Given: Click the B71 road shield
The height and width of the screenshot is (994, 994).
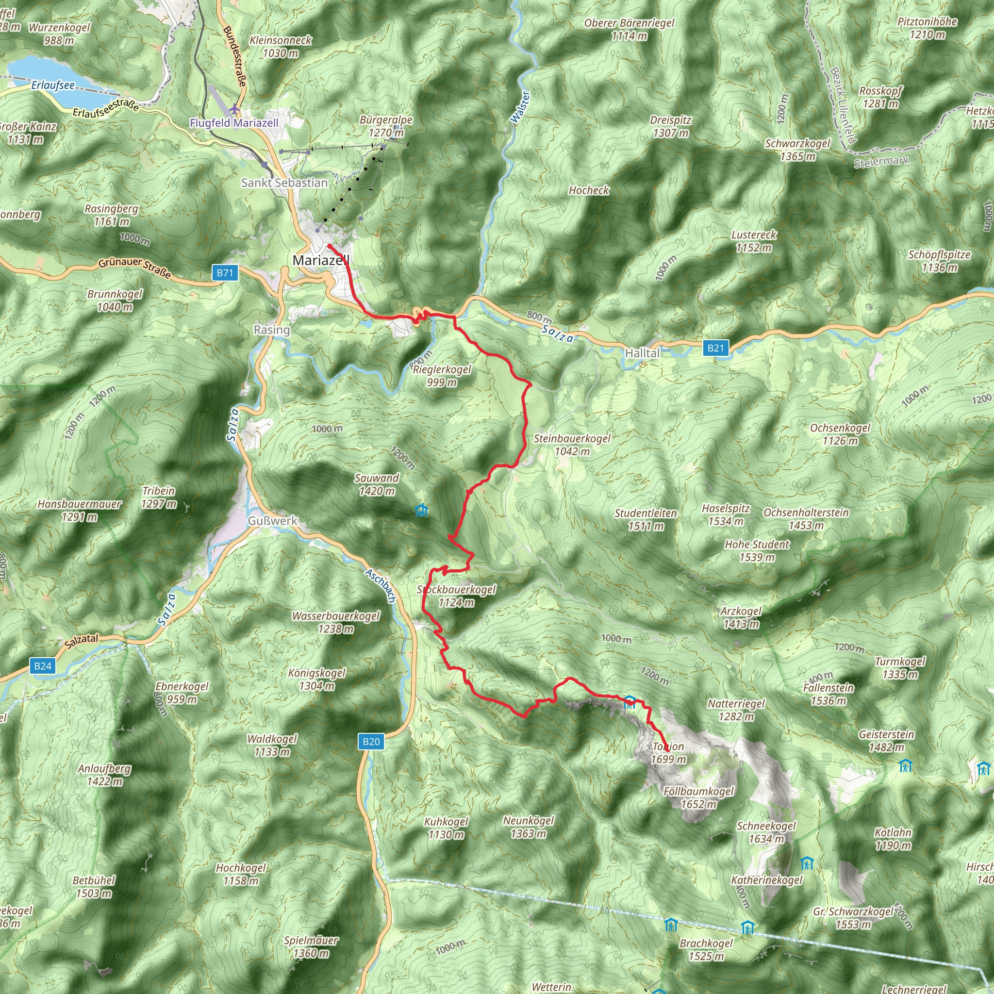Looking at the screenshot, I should tap(225, 273).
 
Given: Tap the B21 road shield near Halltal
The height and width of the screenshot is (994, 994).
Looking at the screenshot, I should tap(715, 348).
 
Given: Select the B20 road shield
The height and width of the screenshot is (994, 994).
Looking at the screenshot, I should tap(371, 742).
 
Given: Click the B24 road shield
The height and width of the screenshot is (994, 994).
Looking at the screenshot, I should tap(43, 666).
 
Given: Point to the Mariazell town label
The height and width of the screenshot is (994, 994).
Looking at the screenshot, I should tap(320, 260).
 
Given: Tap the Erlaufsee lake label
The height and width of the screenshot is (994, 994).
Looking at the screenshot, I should tap(53, 85).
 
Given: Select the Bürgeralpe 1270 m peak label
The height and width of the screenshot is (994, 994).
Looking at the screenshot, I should tap(386, 126).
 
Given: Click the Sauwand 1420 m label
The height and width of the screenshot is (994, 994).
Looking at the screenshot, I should tap(377, 484).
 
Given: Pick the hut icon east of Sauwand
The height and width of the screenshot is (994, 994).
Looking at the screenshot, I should tap(421, 511).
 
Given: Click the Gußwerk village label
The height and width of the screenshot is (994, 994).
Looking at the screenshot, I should tap(273, 521).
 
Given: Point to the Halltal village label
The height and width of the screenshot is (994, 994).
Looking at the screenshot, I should tap(642, 353).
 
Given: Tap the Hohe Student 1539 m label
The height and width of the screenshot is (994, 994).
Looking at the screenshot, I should tap(756, 550).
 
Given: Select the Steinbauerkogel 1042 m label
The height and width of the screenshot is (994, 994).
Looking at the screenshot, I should tap(572, 445).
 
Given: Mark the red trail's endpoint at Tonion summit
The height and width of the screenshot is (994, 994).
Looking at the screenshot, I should tap(667, 752).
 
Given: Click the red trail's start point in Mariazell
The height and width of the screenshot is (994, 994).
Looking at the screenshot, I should tap(328, 246).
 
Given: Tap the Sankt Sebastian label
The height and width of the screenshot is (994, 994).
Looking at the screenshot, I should tap(284, 182).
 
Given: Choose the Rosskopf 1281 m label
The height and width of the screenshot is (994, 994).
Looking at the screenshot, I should tap(880, 97).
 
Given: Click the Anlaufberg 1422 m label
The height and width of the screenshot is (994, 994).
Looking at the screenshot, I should tap(104, 775).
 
